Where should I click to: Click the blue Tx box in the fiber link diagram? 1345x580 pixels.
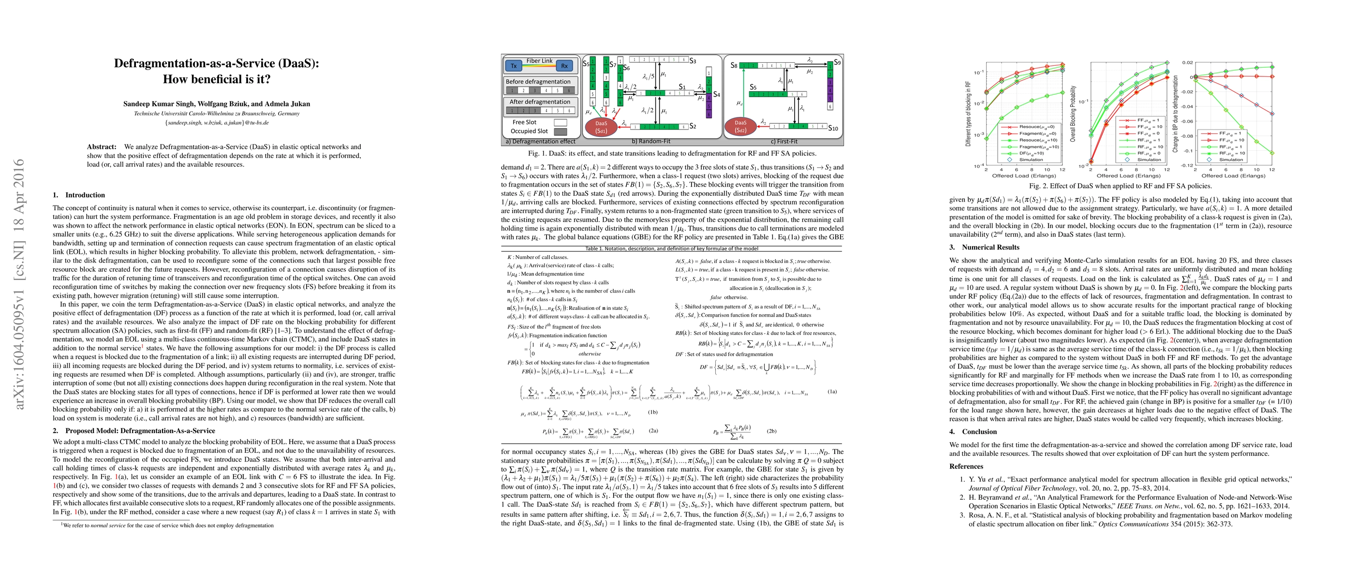tap(514, 66)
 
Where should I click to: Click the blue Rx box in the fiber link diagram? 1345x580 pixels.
tap(564, 66)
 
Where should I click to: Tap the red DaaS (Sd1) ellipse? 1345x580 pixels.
tap(602, 127)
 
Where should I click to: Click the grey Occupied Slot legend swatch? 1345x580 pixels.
tap(560, 131)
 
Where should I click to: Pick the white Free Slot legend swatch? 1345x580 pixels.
tap(560, 122)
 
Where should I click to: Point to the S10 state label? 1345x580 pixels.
tap(833, 128)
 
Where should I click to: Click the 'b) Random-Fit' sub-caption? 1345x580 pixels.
tap(650, 141)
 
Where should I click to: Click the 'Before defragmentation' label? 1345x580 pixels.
tap(538, 81)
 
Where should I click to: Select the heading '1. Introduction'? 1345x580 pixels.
tap(79, 195)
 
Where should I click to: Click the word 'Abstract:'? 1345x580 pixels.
tap(102, 146)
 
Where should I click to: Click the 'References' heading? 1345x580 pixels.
tap(966, 466)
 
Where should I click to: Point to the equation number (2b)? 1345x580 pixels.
tap(772, 431)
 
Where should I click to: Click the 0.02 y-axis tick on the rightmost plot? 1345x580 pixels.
tap(1188, 62)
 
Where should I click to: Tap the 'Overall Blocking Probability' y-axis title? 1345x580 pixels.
tap(1073, 114)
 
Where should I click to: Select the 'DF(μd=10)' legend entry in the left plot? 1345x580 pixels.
tap(1031, 153)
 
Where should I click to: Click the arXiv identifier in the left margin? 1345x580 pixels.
tap(19, 284)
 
